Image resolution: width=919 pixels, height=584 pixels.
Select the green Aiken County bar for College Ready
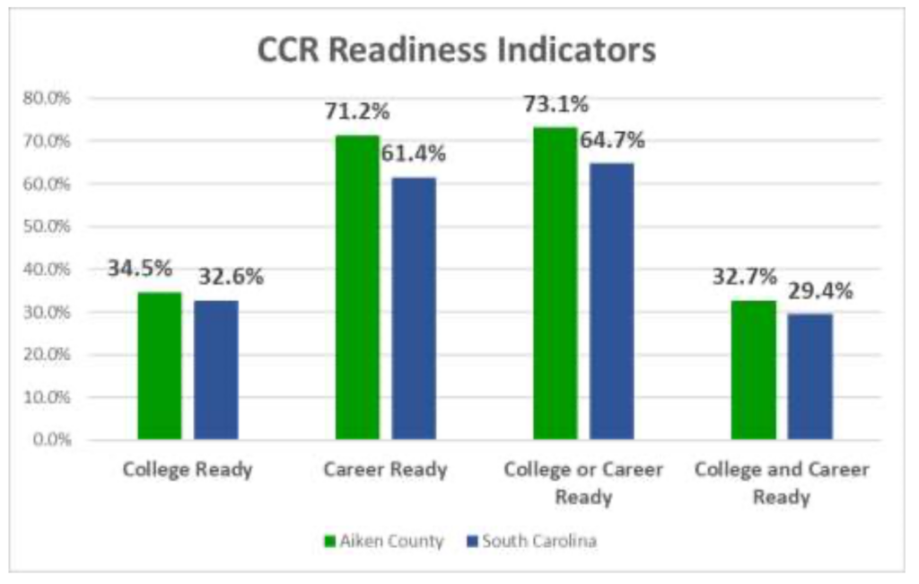click(160, 366)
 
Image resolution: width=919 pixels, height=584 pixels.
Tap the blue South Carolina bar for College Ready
click(216, 370)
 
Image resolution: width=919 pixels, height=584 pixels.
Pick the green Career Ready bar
click(357, 288)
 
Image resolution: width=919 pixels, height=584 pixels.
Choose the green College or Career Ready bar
click(556, 284)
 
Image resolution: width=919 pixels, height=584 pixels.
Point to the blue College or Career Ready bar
click(612, 302)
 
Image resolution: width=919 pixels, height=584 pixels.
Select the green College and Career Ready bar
click(754, 370)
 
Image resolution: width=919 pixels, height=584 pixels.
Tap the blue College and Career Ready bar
click(810, 376)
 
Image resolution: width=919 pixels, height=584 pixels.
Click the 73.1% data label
click(556, 104)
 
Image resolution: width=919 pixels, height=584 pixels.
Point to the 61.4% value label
click(413, 154)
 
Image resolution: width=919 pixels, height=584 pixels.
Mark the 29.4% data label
click(820, 291)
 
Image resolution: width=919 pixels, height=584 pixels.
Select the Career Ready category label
click(385, 470)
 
